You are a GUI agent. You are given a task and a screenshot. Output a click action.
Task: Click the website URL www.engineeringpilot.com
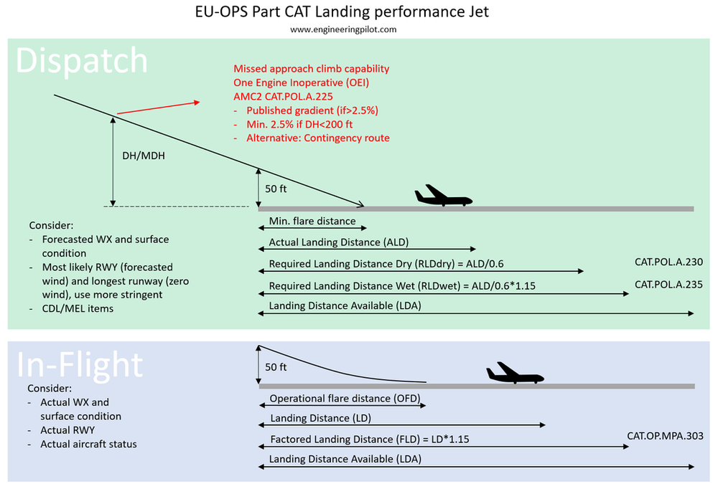pos(343,29)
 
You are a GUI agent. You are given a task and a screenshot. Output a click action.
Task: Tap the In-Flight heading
pos(79,365)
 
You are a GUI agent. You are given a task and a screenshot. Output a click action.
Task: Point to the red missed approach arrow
pos(158,107)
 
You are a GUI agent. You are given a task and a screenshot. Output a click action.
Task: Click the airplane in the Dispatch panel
pos(443,196)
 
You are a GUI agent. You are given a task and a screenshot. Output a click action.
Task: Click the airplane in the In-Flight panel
pos(515,374)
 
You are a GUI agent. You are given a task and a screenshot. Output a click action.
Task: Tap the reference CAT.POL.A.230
pos(668,262)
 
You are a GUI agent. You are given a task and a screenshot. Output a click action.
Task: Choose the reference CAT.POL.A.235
pos(668,285)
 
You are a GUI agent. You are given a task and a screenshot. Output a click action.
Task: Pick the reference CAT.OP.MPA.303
pos(664,436)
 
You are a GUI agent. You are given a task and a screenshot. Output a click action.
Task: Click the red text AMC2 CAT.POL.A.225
pos(283,96)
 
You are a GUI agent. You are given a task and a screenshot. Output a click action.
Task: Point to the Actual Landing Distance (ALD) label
pos(338,242)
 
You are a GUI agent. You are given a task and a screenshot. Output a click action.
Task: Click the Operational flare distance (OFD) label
pos(344,398)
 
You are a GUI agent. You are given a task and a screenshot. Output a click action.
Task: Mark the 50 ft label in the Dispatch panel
pos(276,189)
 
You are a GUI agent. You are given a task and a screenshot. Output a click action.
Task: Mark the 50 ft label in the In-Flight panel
pos(276,366)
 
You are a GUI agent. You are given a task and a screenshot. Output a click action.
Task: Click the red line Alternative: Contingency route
pos(317,138)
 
